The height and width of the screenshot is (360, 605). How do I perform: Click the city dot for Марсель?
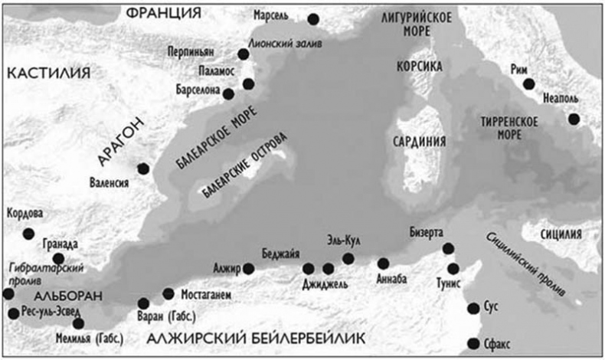point(312,19)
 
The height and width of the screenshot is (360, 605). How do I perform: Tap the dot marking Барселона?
point(228,93)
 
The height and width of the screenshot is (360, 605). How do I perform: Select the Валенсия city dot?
point(142,169)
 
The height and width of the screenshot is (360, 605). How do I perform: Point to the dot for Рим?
point(528,84)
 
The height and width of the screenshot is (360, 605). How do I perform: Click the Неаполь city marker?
point(573,119)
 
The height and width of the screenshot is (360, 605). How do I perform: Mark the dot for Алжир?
point(248,268)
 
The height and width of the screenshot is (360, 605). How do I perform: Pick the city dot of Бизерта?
point(448,248)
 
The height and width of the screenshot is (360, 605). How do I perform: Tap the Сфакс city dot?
point(473,344)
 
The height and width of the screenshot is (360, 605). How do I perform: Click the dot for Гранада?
point(58,259)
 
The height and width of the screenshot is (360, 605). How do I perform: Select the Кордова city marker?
point(29,234)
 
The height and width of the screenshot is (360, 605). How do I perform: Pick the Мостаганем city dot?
point(168,293)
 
